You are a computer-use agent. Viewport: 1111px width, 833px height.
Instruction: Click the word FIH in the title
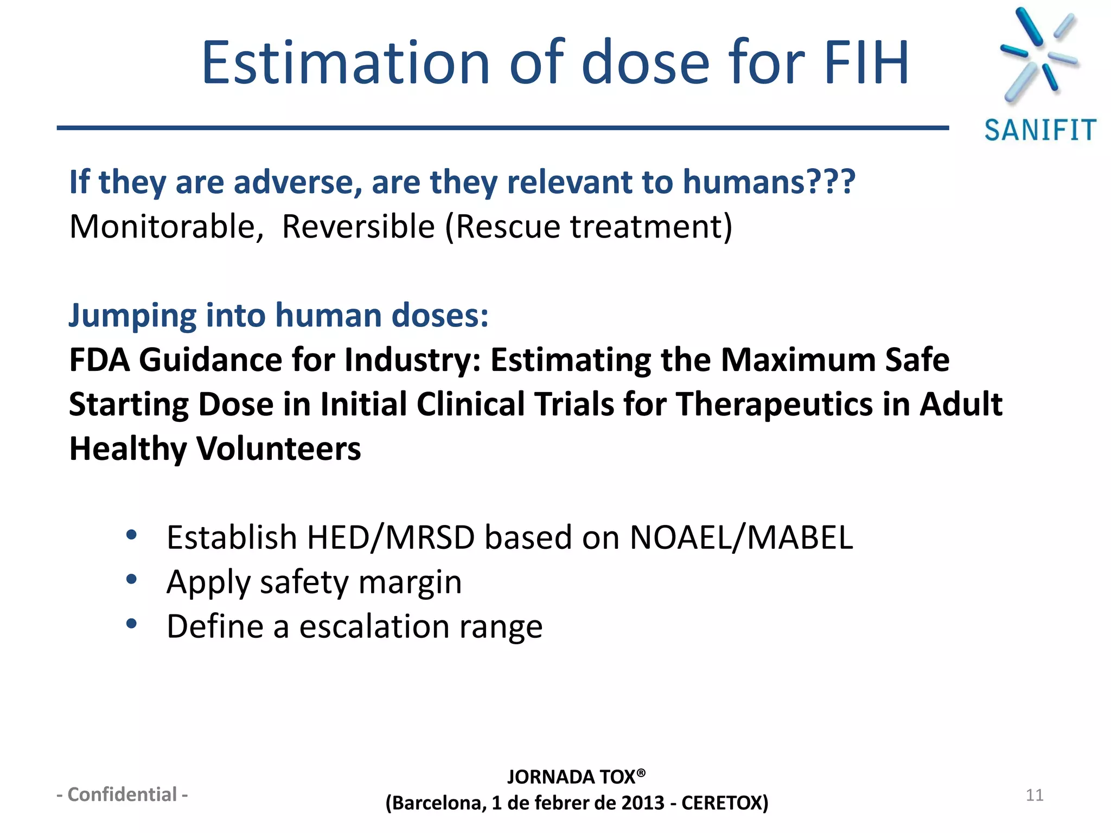[x=866, y=63]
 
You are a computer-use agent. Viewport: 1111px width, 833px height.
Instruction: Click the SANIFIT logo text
[x=1040, y=131]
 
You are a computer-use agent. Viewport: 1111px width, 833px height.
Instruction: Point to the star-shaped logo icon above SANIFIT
[x=1038, y=54]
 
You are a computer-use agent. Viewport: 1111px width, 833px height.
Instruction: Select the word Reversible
[x=358, y=227]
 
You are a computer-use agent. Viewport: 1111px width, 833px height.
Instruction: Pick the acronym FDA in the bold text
[x=100, y=360]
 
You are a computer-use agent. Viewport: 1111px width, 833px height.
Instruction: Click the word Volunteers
[x=278, y=450]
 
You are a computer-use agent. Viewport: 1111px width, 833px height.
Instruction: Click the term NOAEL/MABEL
[x=741, y=538]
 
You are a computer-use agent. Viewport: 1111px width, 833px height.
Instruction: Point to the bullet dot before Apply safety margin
[x=131, y=580]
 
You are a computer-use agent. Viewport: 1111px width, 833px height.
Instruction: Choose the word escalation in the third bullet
[x=374, y=627]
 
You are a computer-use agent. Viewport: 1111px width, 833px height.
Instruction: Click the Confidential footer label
[x=123, y=794]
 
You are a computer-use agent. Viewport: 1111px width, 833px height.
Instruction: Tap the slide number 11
[x=1035, y=795]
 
